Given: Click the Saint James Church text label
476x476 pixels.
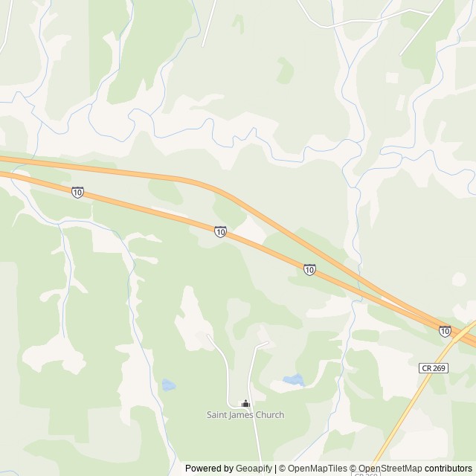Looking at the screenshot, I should click(245, 415).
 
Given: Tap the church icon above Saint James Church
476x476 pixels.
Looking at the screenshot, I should click(245, 404).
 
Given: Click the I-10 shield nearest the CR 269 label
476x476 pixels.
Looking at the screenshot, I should click(445, 331).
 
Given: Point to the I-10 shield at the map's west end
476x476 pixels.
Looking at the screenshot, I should click(78, 193).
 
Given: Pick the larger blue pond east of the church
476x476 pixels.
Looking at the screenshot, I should click(294, 380).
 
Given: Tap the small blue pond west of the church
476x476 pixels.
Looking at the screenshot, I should click(169, 385).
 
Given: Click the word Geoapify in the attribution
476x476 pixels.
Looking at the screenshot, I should click(254, 469).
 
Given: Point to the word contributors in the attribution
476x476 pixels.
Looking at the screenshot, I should click(449, 469).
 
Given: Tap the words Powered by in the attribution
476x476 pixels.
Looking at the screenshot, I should click(209, 469).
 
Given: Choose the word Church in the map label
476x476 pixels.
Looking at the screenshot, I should click(269, 415).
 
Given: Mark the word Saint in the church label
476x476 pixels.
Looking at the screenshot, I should click(217, 415).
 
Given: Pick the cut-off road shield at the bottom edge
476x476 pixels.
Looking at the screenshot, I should click(364, 473).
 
